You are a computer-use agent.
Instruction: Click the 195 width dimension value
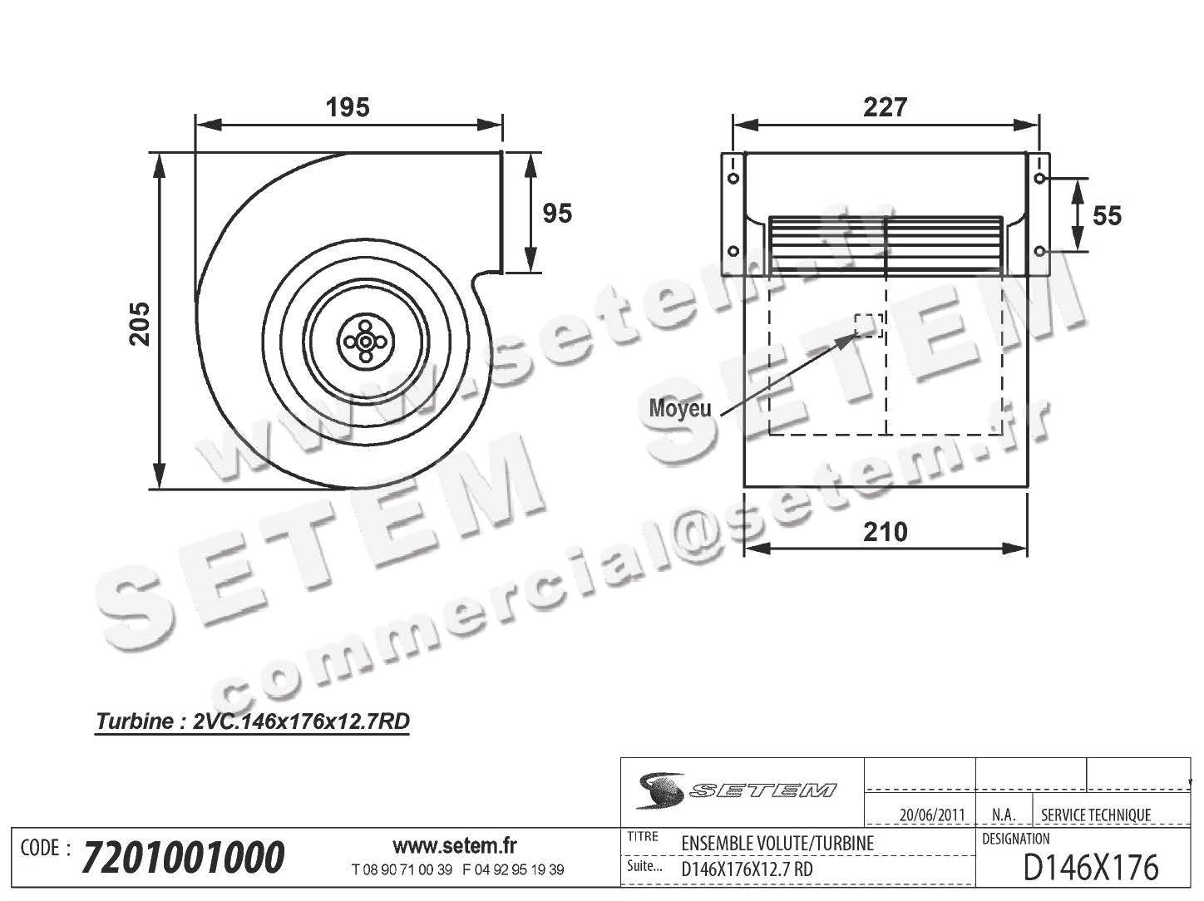[348, 107]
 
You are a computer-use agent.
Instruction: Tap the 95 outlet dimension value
[557, 214]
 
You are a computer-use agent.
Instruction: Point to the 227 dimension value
[886, 107]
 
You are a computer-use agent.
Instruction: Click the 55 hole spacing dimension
[1107, 216]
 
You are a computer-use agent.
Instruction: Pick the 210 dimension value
[886, 532]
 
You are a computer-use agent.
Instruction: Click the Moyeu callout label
[679, 409]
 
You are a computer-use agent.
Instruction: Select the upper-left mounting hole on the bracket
[733, 178]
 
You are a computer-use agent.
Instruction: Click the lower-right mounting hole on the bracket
[1040, 251]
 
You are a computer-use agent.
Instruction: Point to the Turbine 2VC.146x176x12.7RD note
[254, 721]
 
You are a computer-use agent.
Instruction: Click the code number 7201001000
[184, 857]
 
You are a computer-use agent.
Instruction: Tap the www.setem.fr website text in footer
[454, 846]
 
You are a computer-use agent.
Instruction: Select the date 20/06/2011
[932, 815]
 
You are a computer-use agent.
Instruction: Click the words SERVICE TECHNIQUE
[1096, 815]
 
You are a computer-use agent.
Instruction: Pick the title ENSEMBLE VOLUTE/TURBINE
[777, 843]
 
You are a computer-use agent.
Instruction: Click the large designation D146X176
[1090, 868]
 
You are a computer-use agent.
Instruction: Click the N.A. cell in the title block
[1002, 815]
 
